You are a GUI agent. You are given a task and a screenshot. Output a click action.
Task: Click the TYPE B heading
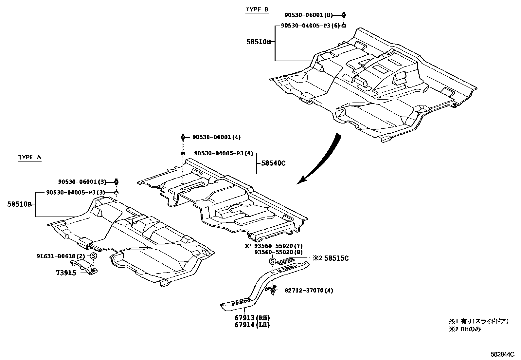[x=257, y=9]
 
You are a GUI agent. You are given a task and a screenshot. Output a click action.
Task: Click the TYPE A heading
[x=30, y=158]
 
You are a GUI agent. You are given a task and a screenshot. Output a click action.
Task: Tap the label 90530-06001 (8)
[x=308, y=15]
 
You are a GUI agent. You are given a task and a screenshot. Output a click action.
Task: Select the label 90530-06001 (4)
[x=216, y=137]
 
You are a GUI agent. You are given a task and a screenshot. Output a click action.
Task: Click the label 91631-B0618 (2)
[x=61, y=256]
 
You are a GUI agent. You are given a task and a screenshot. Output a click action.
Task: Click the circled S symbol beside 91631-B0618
[x=93, y=256]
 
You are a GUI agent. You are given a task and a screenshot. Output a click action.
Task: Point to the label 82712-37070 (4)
[x=309, y=291]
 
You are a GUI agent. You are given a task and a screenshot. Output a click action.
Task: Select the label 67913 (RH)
[x=252, y=318]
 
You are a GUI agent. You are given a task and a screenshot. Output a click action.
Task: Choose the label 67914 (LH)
[x=252, y=325]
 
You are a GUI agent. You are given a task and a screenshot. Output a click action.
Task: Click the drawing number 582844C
[x=502, y=354]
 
